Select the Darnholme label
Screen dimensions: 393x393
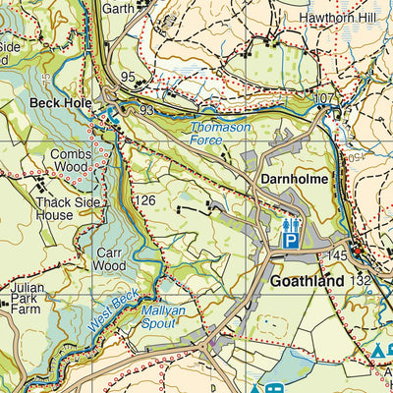point(293,180)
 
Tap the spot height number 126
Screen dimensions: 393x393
point(145,201)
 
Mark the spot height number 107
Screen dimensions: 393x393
point(326,98)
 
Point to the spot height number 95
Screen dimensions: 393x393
point(127,77)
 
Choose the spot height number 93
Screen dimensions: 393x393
point(147,110)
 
